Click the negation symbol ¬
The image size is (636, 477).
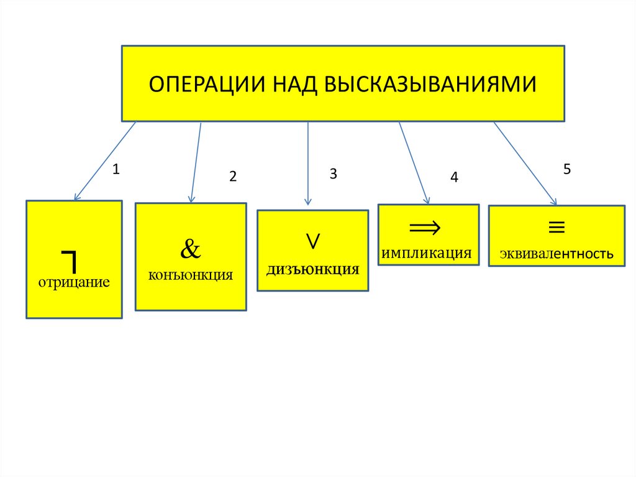[69, 259]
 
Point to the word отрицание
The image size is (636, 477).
[74, 283]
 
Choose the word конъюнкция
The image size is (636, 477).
[191, 274]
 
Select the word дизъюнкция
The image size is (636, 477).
[313, 269]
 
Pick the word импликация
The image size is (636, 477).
[427, 253]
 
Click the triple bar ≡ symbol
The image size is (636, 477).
[556, 228]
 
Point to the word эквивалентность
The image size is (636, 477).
[556, 254]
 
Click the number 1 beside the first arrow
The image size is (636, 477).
[116, 169]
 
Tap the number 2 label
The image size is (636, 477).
[233, 177]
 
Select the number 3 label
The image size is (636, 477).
[333, 174]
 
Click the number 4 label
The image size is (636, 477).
[454, 178]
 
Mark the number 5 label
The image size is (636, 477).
[566, 169]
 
